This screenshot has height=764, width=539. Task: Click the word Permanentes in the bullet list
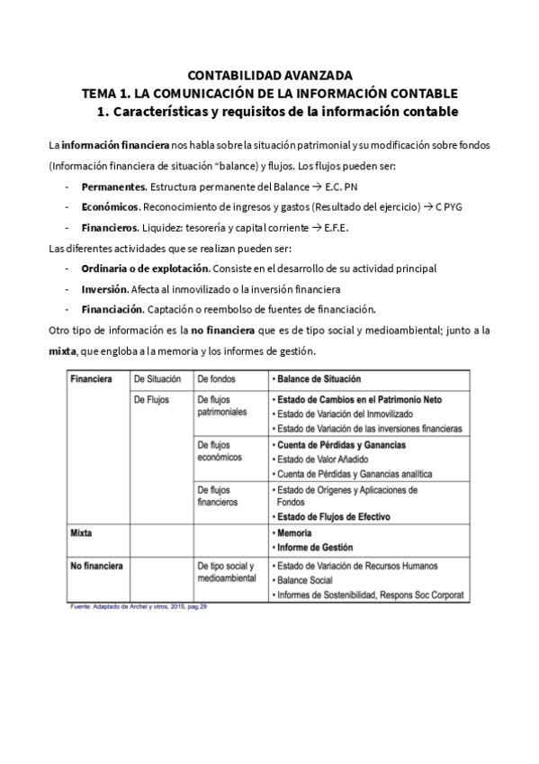tap(113, 186)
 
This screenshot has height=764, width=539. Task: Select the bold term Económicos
tap(110, 206)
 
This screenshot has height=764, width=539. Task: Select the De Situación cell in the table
tap(157, 380)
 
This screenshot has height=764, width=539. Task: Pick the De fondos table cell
tap(215, 380)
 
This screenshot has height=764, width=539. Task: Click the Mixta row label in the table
tap(83, 532)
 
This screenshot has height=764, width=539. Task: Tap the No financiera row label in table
tap(96, 565)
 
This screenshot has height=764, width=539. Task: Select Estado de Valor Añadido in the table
tap(325, 459)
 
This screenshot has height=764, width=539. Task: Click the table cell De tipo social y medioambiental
tap(226, 572)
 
